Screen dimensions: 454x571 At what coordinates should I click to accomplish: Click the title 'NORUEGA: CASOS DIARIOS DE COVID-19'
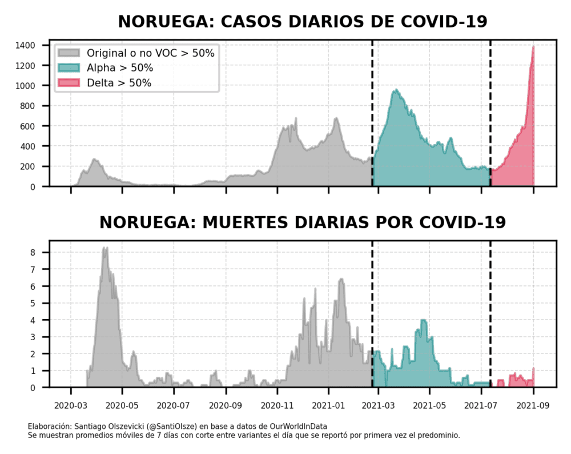[302, 22]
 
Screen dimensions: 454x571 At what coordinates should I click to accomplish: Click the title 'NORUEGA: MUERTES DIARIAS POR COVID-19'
[302, 222]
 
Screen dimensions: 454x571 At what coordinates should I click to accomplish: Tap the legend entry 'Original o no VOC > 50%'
[150, 53]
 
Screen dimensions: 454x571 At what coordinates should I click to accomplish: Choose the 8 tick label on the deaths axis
[33, 252]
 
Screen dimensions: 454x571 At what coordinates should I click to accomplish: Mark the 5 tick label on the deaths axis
[33, 303]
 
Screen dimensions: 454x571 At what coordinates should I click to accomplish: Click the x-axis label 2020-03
[71, 407]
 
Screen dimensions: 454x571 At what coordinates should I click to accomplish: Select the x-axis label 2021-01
[329, 407]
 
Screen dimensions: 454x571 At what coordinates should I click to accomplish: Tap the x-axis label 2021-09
[533, 407]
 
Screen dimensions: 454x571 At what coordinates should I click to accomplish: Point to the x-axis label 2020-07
[174, 407]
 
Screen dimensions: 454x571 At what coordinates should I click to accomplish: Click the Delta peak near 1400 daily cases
[533, 47]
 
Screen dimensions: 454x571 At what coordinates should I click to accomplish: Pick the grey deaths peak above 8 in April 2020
[104, 248]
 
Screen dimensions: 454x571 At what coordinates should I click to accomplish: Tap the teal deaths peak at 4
[424, 320]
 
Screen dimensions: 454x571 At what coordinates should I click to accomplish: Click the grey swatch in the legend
[69, 53]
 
